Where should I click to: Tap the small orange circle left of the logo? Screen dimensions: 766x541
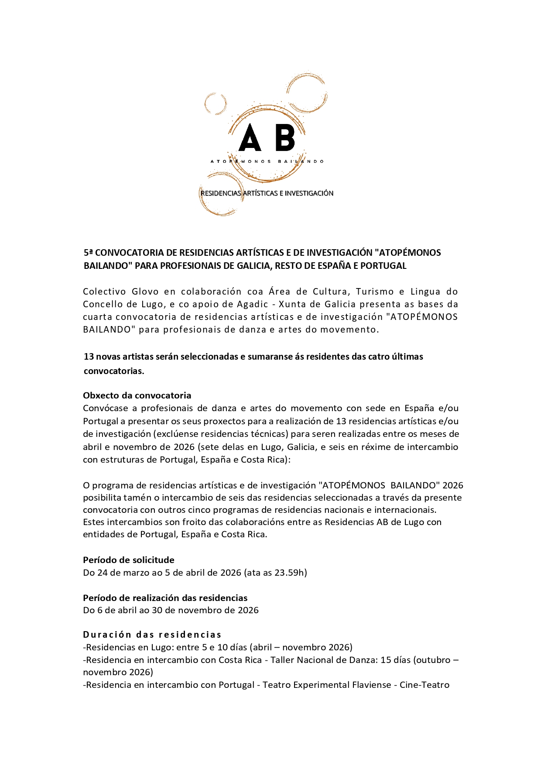click(x=216, y=104)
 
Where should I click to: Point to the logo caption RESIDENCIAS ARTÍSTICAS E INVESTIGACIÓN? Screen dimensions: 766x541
click(x=267, y=193)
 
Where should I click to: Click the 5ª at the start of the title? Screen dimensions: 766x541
click(x=88, y=253)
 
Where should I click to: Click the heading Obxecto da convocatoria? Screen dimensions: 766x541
click(x=137, y=395)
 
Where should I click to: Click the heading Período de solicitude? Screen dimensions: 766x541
click(x=129, y=560)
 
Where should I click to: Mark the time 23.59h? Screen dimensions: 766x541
click(x=289, y=573)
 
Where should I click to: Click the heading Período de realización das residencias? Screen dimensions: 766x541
click(x=165, y=598)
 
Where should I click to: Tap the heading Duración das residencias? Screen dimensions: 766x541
click(x=152, y=635)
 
